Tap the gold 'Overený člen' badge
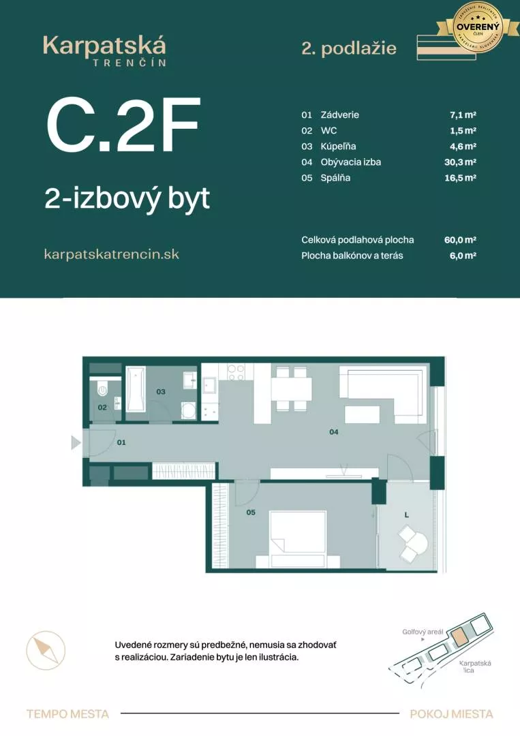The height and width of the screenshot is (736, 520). (x=478, y=27)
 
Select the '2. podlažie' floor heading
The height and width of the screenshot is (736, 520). (x=348, y=48)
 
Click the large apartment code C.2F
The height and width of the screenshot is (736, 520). (x=123, y=126)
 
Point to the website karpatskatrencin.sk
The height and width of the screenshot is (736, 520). (x=111, y=254)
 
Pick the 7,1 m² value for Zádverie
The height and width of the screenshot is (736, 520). (x=458, y=115)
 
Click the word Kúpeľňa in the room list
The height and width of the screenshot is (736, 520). (x=338, y=147)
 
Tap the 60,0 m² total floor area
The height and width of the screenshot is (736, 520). (x=459, y=240)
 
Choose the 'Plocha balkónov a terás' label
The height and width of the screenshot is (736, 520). (x=352, y=256)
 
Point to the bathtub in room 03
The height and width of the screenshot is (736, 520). (x=136, y=389)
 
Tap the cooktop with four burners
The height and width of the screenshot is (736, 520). (x=236, y=372)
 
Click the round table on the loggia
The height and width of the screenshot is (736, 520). (x=417, y=543)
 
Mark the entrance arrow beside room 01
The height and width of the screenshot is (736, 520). (x=76, y=443)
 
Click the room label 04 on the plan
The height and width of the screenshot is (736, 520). (x=334, y=431)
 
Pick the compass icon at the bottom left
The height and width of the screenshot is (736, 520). (x=46, y=650)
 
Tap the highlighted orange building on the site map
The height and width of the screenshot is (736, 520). (x=461, y=637)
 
